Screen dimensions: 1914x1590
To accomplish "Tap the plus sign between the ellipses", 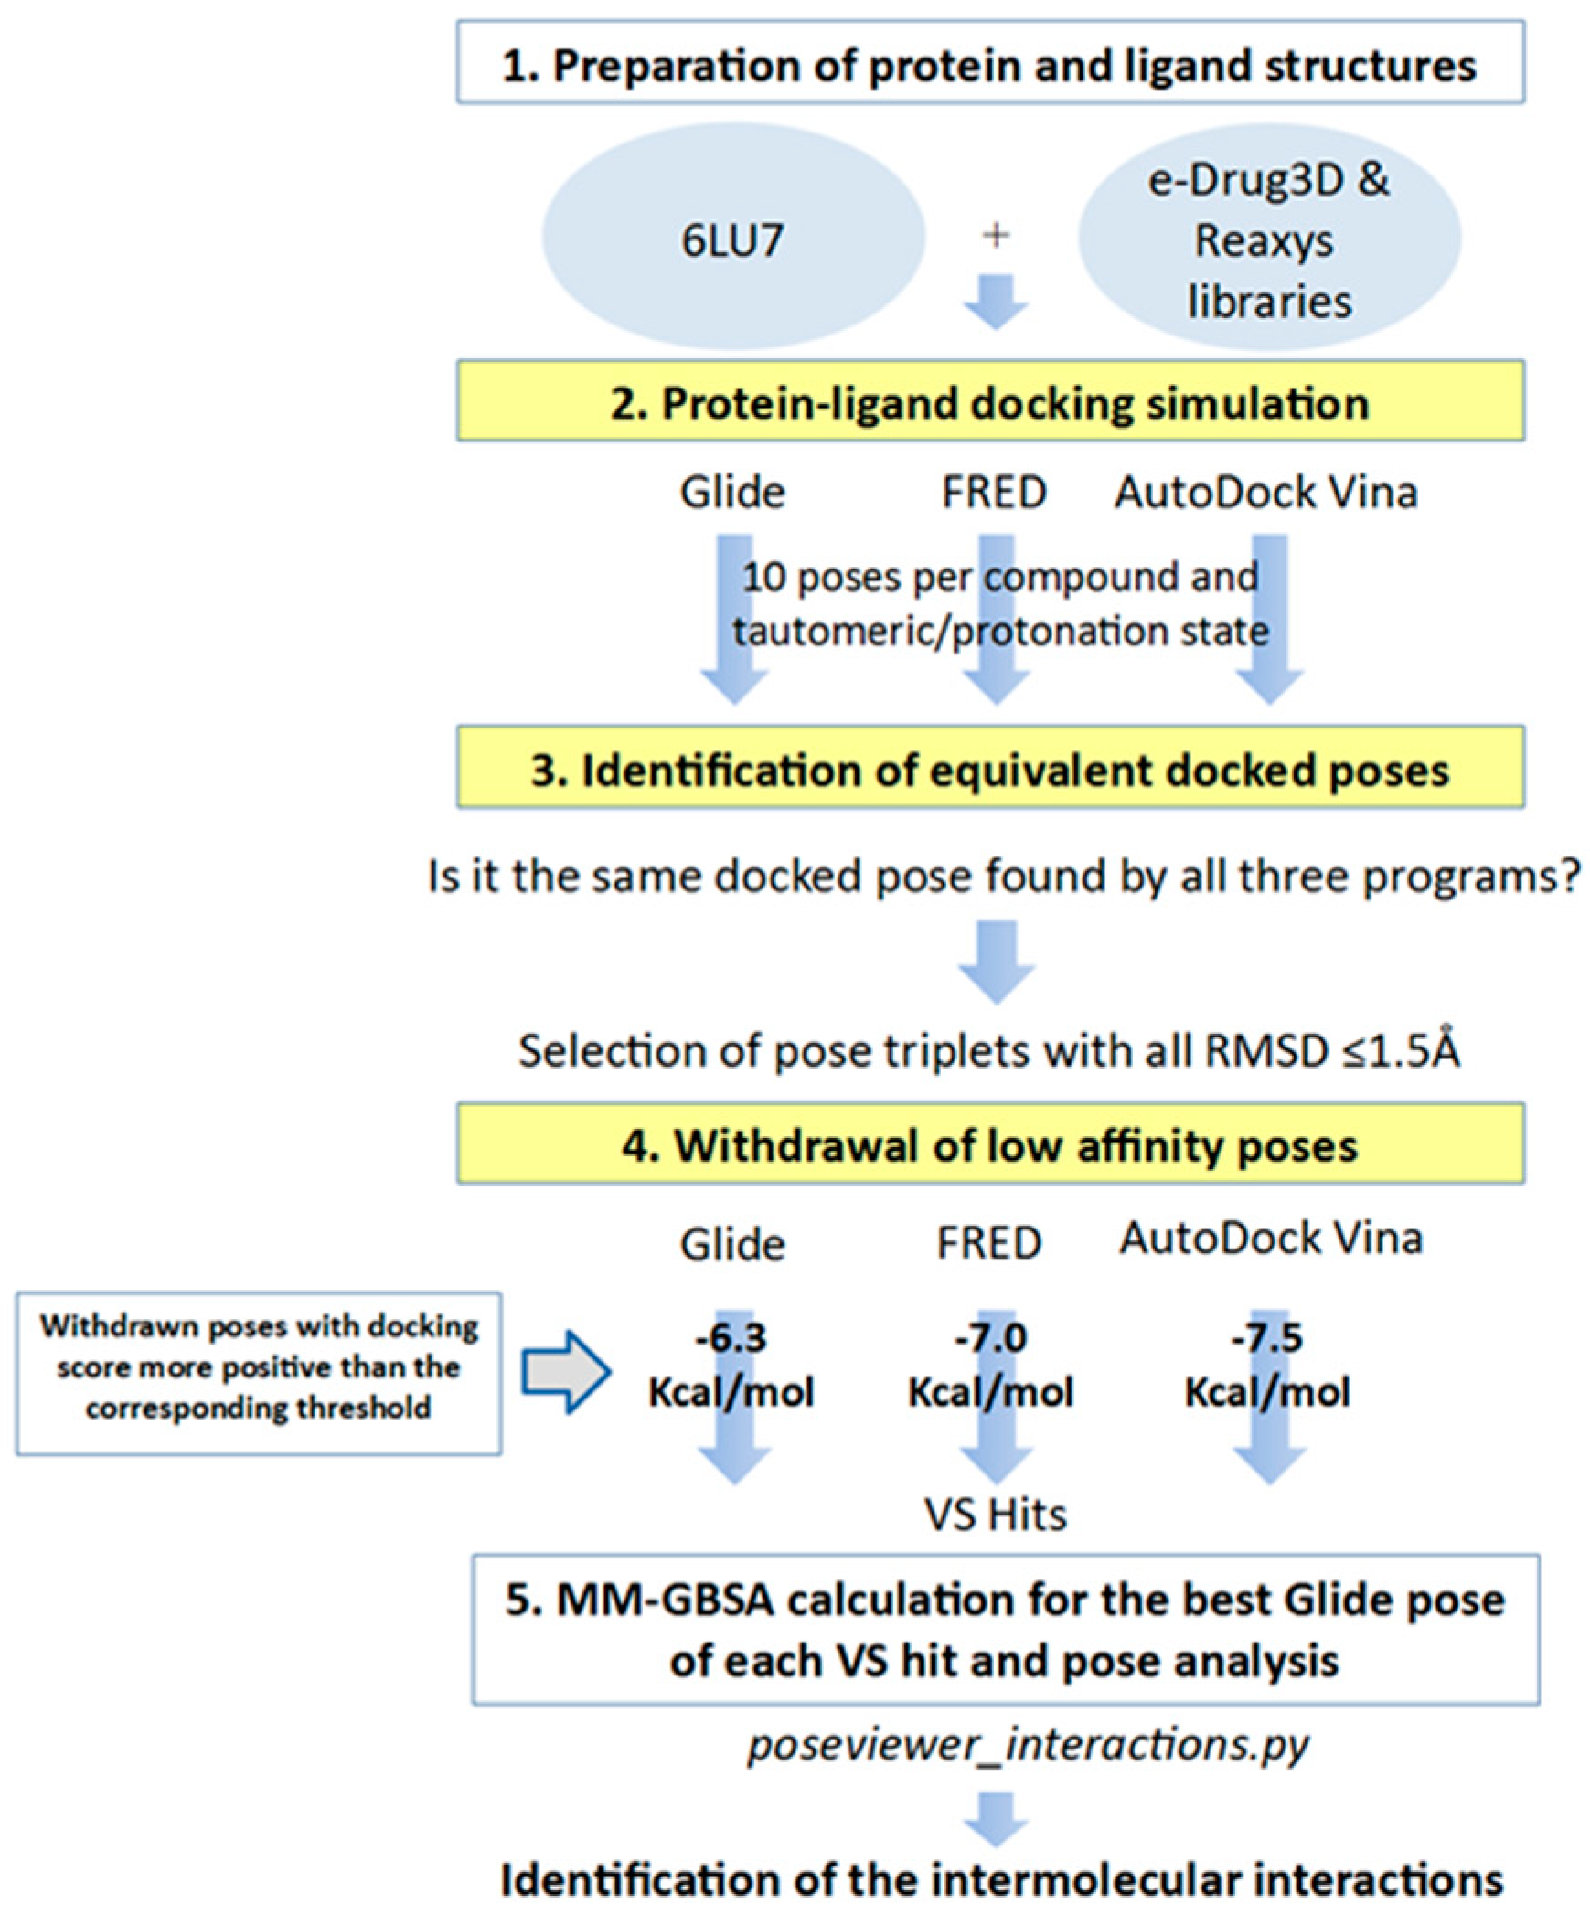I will point(996,235).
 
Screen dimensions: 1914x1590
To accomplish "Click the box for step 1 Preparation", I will point(989,62).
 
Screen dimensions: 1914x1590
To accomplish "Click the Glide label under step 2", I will point(732,493).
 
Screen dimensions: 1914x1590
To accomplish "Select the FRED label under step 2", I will point(995,493).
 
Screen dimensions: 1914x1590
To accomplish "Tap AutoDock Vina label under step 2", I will point(1266,493).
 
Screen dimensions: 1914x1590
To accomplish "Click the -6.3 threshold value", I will point(731,1338).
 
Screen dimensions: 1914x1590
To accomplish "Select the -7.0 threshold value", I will point(990,1338).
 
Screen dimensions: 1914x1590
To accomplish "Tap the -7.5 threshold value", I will point(1266,1338).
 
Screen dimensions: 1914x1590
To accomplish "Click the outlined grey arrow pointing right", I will point(565,1372).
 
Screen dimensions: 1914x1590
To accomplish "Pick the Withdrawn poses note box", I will point(258,1372).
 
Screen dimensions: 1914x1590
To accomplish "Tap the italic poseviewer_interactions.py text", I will point(1028,1744).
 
